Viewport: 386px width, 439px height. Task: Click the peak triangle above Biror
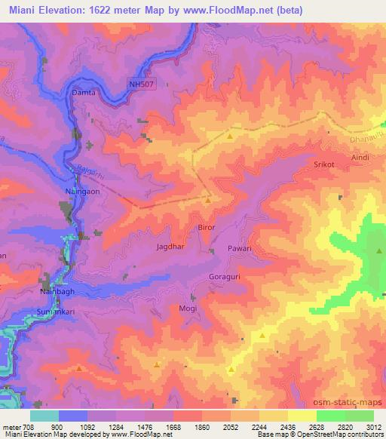click(207, 201)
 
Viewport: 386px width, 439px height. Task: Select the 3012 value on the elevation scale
click(363, 426)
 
